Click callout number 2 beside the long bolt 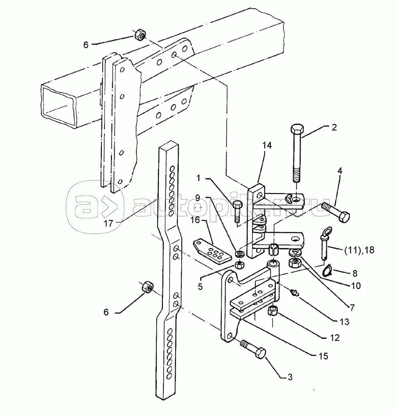(x=334, y=127)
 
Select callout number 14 (x=267, y=145)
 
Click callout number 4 (x=340, y=171)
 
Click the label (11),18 (x=359, y=250)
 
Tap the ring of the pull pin (x=327, y=231)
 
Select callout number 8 (x=355, y=273)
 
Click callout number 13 (x=345, y=322)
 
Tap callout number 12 (x=334, y=338)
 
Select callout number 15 (x=323, y=356)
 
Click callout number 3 (x=290, y=378)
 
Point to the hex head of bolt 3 (x=260, y=353)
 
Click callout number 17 (x=108, y=223)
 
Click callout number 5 (x=200, y=287)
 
